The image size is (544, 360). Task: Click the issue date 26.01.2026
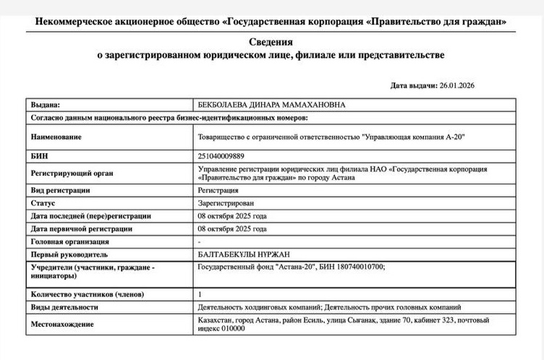[x=457, y=85]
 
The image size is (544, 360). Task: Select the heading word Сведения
[x=271, y=43]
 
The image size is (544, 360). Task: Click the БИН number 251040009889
[x=221, y=155]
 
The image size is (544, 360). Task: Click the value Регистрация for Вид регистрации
[x=218, y=190]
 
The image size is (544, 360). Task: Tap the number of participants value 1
[x=200, y=294]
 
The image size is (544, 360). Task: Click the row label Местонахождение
[x=61, y=324]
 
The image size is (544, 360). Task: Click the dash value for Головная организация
[x=199, y=241]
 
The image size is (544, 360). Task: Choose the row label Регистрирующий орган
[x=72, y=173]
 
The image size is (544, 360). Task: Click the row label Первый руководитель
[x=69, y=254]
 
